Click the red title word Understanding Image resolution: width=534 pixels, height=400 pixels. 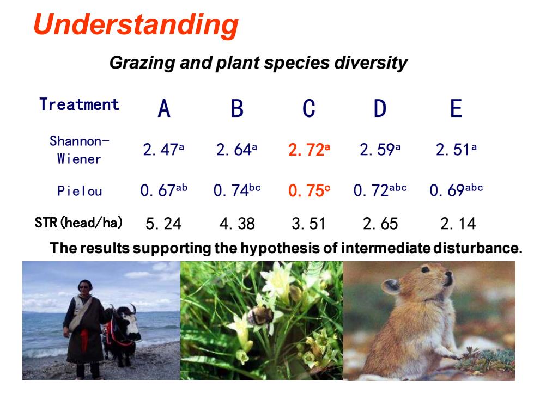pos(136,25)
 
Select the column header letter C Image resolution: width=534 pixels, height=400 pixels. pos(308,108)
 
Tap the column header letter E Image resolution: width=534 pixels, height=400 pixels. pos(456,108)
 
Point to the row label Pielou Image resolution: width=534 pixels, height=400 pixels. pos(80,191)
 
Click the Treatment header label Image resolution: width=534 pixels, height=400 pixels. pos(79,104)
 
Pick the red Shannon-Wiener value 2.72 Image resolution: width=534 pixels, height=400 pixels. pos(309,150)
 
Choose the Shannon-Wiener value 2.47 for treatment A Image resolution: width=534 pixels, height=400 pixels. pos(163,150)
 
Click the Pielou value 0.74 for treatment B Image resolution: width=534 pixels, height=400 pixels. pos(237,190)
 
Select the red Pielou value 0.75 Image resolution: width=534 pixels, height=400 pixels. pos(309,190)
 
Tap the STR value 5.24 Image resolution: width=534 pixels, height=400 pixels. pos(163,224)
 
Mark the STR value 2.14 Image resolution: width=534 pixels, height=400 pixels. pos(458,224)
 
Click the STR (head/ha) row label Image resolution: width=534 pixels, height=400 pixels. pos(78,223)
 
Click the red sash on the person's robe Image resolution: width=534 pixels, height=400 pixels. pos(84,340)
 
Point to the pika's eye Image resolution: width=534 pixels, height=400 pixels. pos(425,270)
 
